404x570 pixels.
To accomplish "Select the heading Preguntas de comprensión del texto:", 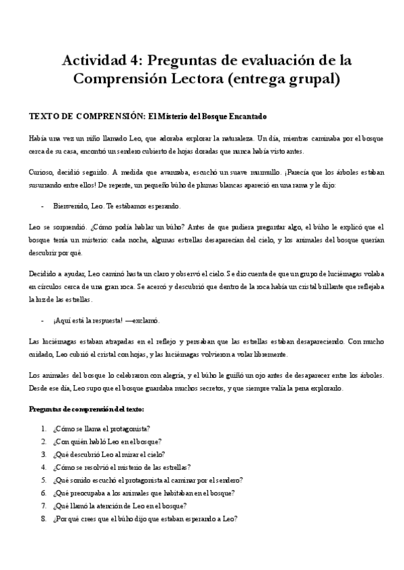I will [86, 409].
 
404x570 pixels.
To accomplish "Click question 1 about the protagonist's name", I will [101, 428].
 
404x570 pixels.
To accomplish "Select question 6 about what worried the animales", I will [142, 493].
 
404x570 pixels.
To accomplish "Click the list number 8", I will [42, 518].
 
